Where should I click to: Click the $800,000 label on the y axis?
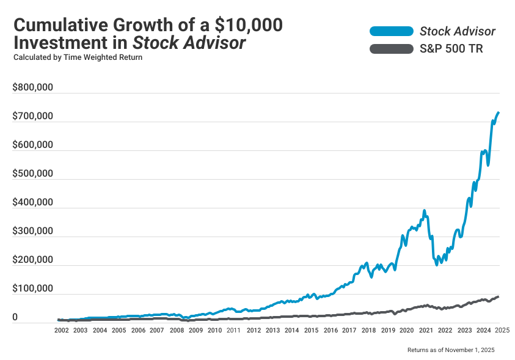pyautogui.click(x=33, y=87)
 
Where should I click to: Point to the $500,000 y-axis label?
pyautogui.click(x=33, y=174)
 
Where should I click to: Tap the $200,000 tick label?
pyautogui.click(x=33, y=260)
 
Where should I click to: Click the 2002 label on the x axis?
pyautogui.click(x=61, y=330)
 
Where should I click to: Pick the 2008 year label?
pyautogui.click(x=177, y=330)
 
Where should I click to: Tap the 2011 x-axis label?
pyautogui.click(x=234, y=330)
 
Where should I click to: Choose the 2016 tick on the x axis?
pyautogui.click(x=330, y=330)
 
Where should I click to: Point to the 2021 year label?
pyautogui.click(x=426, y=330)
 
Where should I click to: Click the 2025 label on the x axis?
pyautogui.click(x=502, y=330)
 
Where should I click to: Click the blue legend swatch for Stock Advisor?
pyautogui.click(x=391, y=31)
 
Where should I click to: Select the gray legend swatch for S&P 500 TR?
pyautogui.click(x=391, y=49)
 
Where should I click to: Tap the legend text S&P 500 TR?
pyautogui.click(x=451, y=49)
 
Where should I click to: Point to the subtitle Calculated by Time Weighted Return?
pyautogui.click(x=78, y=58)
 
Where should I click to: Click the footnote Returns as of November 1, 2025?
pyautogui.click(x=450, y=350)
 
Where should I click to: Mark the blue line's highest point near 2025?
pyautogui.click(x=499, y=112)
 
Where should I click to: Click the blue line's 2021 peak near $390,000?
pyautogui.click(x=424, y=211)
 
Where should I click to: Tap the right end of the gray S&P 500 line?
pyautogui.click(x=499, y=296)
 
